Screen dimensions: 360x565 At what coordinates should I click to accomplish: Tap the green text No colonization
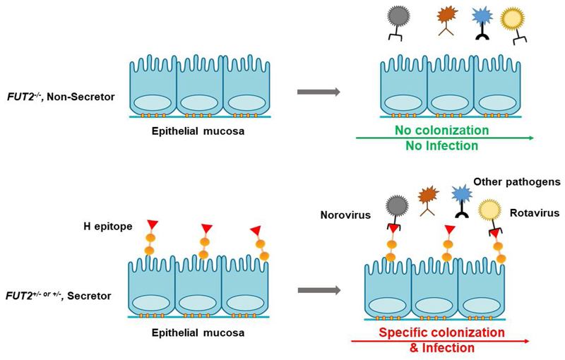click(x=451, y=131)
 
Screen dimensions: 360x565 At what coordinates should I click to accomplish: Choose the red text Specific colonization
click(x=441, y=332)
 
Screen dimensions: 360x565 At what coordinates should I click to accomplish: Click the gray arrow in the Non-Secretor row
click(x=319, y=92)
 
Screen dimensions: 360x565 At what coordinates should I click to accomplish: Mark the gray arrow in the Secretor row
click(x=319, y=289)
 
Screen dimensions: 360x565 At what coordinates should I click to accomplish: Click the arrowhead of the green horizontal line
click(x=530, y=138)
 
